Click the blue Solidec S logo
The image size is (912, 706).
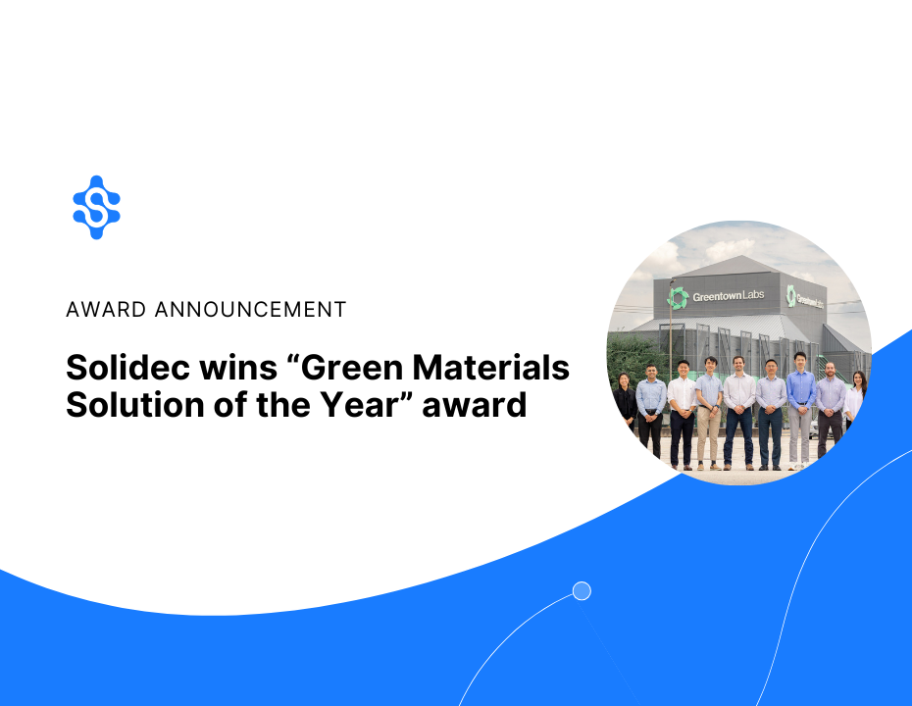[x=96, y=207]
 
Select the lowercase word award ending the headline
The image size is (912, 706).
[x=475, y=403]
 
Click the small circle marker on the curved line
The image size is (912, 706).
[x=582, y=590]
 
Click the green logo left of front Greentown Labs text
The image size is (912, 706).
[x=678, y=297]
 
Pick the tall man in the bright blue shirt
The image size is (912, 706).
[x=800, y=407]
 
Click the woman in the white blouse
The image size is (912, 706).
[x=855, y=402]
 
